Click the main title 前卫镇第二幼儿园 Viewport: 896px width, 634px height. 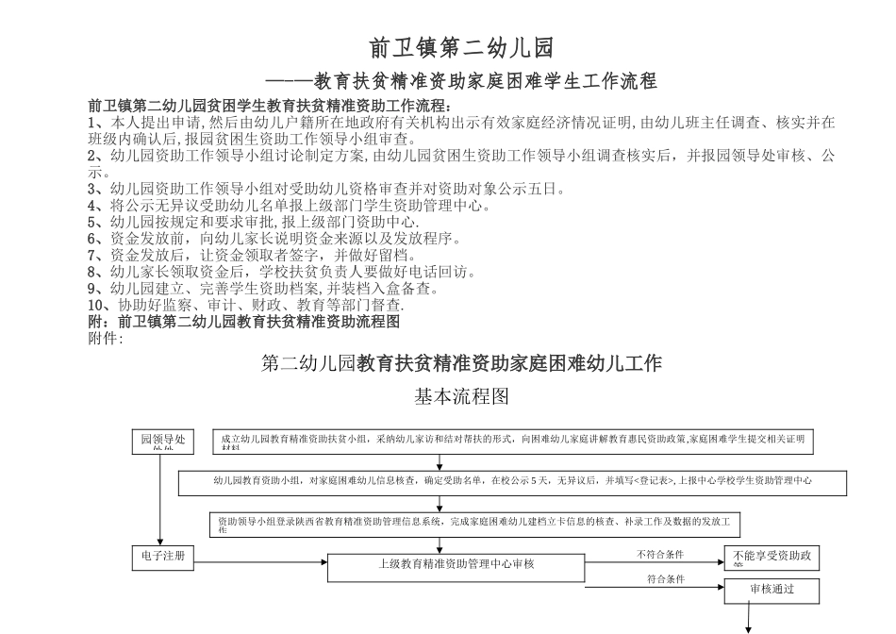461,47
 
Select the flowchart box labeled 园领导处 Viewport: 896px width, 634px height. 163,442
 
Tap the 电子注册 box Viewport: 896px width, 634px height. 163,559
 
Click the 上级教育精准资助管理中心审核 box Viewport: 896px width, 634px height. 456,566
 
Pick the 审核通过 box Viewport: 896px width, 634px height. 772,592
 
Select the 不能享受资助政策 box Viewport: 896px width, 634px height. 772,559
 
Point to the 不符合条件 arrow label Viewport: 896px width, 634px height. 660,554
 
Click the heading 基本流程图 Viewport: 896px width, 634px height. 462,397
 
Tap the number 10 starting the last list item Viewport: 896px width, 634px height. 95,307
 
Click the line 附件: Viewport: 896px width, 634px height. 105,338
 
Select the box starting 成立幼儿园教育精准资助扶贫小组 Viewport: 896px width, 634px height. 513,442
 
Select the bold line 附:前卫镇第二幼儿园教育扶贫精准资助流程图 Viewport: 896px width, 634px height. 244,322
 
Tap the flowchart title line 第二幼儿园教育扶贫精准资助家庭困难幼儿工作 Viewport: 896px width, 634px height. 461,362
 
